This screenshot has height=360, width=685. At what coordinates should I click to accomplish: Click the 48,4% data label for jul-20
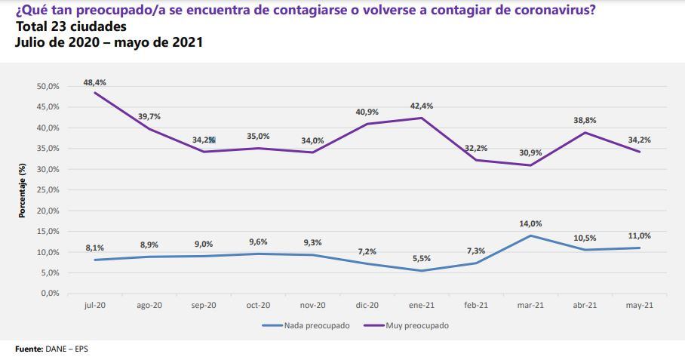coord(94,82)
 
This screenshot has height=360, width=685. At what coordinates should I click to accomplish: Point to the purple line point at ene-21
coord(421,118)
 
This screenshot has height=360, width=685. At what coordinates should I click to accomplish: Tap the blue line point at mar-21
coord(530,235)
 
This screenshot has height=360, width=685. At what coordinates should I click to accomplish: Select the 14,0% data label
coord(530,224)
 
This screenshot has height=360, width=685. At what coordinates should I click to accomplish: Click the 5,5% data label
coord(421,259)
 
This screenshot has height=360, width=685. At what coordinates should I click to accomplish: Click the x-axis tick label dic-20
coord(367,306)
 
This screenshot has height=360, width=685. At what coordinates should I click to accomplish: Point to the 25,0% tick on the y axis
coord(48,189)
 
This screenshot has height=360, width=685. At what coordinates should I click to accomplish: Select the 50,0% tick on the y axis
coord(48,86)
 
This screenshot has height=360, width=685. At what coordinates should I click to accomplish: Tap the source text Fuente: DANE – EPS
coord(46,349)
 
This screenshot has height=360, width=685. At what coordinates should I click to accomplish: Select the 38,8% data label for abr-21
coord(584,120)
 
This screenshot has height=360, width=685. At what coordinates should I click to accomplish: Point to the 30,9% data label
coord(530,152)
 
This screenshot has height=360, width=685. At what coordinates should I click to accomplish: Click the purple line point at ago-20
coord(149,128)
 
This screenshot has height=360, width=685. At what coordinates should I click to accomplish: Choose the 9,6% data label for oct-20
coord(258,242)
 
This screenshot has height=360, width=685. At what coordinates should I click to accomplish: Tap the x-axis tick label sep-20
coord(204,306)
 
